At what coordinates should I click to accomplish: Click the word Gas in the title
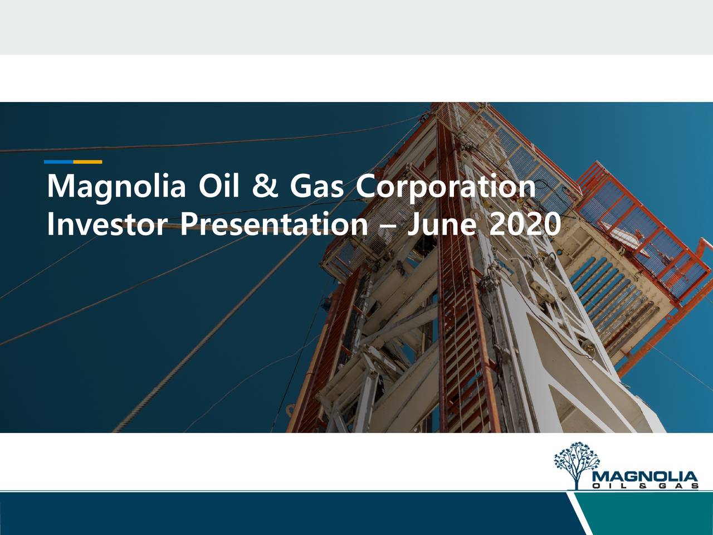tap(316, 186)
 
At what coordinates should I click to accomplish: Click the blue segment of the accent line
tap(58, 162)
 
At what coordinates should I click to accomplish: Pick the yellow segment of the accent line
tap(87, 162)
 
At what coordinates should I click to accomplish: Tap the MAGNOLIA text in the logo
tap(645, 477)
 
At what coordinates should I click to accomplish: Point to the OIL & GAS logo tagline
tap(645, 487)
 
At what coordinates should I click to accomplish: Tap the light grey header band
tap(356, 27)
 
